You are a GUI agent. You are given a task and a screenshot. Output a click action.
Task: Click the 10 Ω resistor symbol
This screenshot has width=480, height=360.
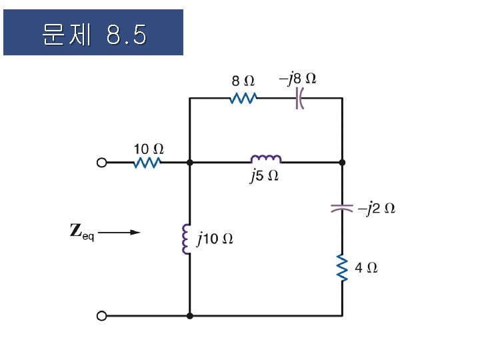click(x=147, y=162)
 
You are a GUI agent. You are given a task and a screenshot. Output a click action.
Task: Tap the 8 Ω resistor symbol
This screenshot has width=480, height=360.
click(x=243, y=99)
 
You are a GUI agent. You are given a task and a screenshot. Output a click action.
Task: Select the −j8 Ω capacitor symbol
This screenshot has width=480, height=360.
click(x=300, y=99)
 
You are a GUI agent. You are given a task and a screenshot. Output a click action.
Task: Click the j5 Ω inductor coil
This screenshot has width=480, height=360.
click(x=266, y=159)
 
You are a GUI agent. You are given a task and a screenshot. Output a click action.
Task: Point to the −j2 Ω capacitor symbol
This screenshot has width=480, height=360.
click(x=342, y=208)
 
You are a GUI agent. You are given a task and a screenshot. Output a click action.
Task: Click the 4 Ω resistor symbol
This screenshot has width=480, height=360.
click(x=342, y=267)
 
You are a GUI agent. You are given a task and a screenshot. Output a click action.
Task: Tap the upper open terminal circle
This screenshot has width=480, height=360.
click(x=102, y=162)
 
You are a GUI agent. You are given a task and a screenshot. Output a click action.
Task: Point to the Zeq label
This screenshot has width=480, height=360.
click(x=82, y=232)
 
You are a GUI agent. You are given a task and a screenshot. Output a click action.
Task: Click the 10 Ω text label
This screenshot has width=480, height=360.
click(x=147, y=147)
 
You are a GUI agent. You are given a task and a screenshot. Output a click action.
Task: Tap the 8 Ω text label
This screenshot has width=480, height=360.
click(x=243, y=81)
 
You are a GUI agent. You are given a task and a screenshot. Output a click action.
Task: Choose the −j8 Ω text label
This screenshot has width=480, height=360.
click(x=297, y=79)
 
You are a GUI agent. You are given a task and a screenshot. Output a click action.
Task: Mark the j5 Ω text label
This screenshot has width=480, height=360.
click(x=264, y=177)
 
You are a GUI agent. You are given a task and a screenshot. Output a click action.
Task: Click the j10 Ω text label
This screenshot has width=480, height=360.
click(x=215, y=239)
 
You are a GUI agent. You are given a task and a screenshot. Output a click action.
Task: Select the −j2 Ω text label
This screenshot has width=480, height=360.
click(x=377, y=209)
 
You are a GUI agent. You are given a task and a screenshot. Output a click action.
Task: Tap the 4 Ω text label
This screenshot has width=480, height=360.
click(x=367, y=267)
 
